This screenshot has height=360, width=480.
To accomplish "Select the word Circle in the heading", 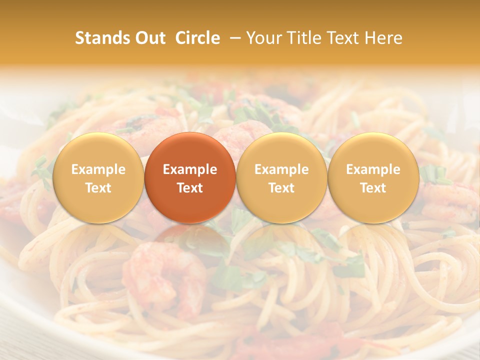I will pyautogui.click(x=197, y=38).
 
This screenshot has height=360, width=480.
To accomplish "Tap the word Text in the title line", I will pyautogui.click(x=343, y=38).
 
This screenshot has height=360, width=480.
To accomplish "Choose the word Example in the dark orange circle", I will pyautogui.click(x=190, y=169).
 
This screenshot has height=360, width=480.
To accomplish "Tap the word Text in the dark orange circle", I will pyautogui.click(x=190, y=188).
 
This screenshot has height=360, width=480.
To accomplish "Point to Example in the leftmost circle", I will pyautogui.click(x=98, y=169).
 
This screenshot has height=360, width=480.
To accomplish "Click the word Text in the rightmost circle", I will pyautogui.click(x=373, y=188).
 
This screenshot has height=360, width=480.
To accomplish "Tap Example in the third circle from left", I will pyautogui.click(x=281, y=169).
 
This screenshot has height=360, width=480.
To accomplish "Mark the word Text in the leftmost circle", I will pyautogui.click(x=98, y=188).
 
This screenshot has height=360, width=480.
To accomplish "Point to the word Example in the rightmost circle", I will pyautogui.click(x=373, y=169).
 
